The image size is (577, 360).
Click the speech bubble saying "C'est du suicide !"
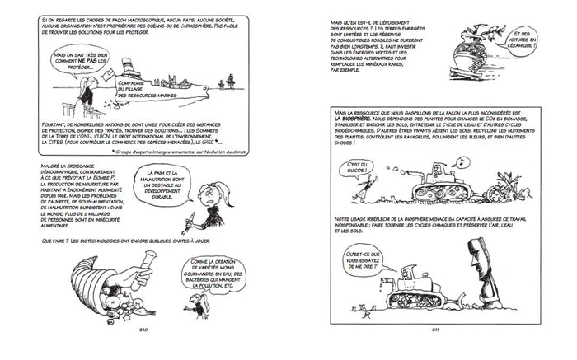tap(357, 169)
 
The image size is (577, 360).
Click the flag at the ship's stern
tap(106, 74)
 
